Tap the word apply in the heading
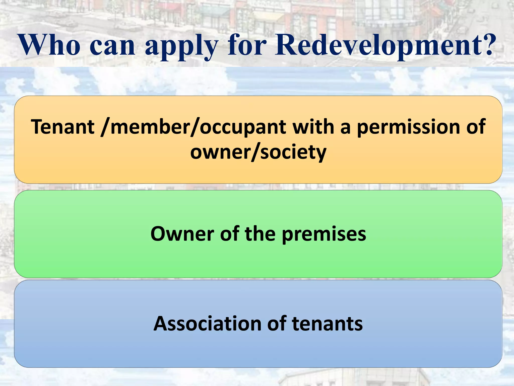[x=181, y=46]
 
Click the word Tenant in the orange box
[x=62, y=127]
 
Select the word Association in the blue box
[x=207, y=323]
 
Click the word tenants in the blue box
[x=327, y=323]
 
